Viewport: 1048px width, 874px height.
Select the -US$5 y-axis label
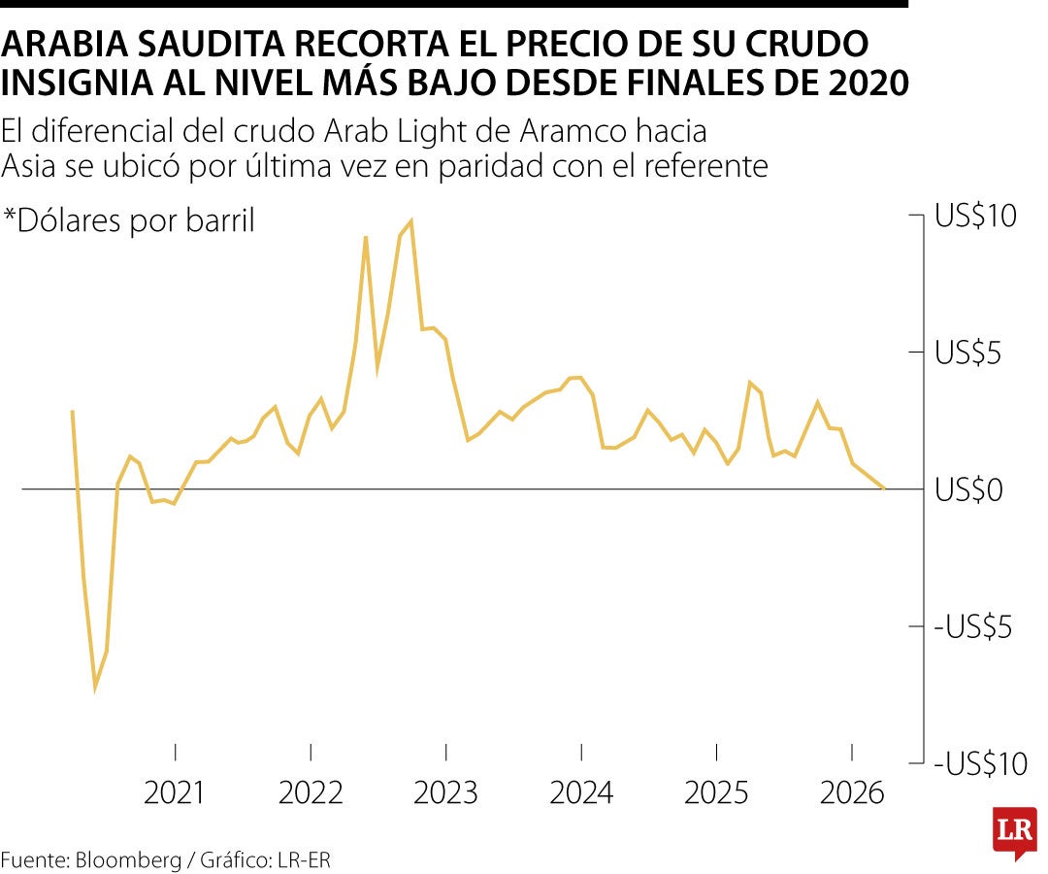point(975,627)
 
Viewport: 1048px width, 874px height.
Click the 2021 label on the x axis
point(175,793)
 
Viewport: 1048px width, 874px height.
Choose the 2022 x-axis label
point(311,793)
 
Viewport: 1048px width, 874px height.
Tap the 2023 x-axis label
point(445,793)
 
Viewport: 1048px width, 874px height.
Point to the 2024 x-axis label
point(581,793)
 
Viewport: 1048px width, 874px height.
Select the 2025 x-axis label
point(716,793)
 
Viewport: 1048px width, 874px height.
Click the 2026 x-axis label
point(852,793)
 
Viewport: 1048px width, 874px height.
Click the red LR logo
point(1014,832)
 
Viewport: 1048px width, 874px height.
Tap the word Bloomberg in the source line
point(128,859)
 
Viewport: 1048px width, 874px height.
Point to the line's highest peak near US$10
point(411,221)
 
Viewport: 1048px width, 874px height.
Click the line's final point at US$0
point(883,487)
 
